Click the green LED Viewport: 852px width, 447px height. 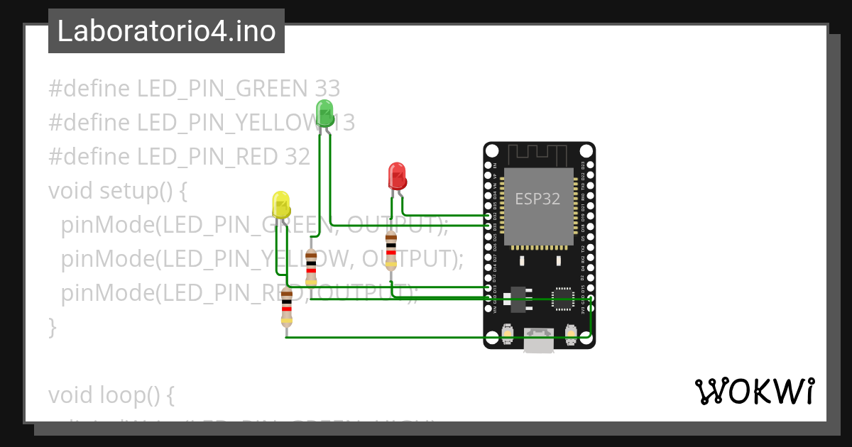[324, 114]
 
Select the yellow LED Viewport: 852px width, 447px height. [281, 204]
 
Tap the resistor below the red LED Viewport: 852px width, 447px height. [390, 250]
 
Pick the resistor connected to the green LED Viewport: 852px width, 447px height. [310, 267]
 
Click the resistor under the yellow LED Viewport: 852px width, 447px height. [286, 307]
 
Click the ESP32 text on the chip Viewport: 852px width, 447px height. [537, 199]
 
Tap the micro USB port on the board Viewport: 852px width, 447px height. [539, 340]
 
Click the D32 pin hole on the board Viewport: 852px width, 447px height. [488, 215]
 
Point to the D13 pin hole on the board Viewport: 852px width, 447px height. [488, 288]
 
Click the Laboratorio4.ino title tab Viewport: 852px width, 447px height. [166, 31]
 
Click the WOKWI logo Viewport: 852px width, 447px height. [754, 392]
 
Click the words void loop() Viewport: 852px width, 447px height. [111, 394]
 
